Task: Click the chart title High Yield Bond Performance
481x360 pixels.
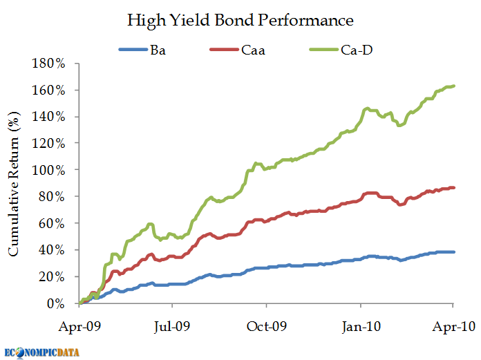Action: [x=240, y=20]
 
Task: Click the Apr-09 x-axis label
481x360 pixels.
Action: [x=79, y=325]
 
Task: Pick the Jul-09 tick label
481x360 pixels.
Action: [x=172, y=325]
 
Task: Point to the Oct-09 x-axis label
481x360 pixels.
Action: [x=266, y=325]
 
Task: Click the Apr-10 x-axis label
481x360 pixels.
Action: [x=453, y=325]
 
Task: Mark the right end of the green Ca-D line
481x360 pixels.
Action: [x=453, y=86]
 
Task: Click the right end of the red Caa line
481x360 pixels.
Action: [x=453, y=187]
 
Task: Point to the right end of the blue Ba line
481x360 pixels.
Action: [x=453, y=252]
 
